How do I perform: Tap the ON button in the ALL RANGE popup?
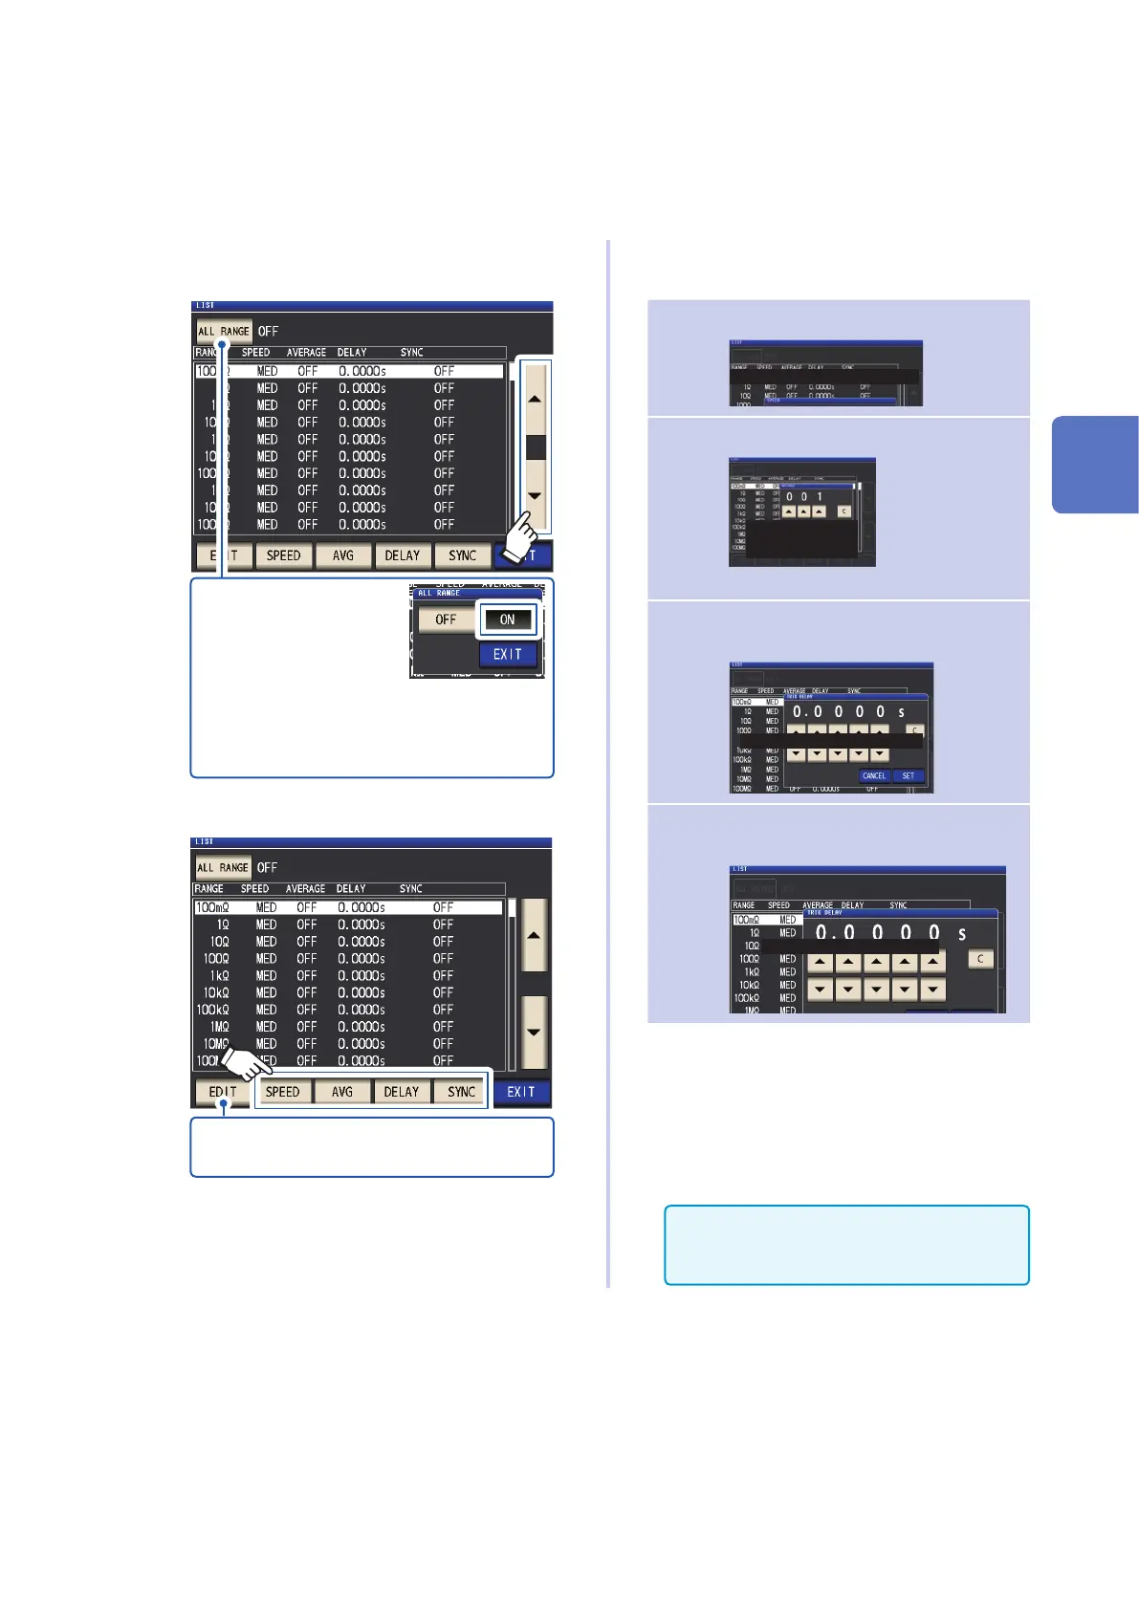click(508, 620)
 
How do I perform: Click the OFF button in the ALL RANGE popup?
click(446, 620)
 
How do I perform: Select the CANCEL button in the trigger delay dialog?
click(874, 775)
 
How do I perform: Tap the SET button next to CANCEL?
click(909, 775)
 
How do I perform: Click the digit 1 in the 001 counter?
click(820, 496)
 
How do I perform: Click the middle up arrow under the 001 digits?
click(804, 511)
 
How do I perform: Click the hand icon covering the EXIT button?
click(519, 537)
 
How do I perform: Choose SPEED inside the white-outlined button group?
click(283, 1092)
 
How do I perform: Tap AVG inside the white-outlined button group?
click(342, 1092)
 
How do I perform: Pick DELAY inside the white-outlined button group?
click(402, 1092)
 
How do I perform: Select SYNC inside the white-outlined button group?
click(462, 1092)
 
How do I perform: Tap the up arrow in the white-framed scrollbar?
click(536, 399)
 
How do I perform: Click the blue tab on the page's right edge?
click(1096, 465)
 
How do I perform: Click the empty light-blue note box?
click(846, 1245)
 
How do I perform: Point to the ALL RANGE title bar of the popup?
click(475, 593)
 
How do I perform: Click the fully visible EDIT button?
click(223, 1092)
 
